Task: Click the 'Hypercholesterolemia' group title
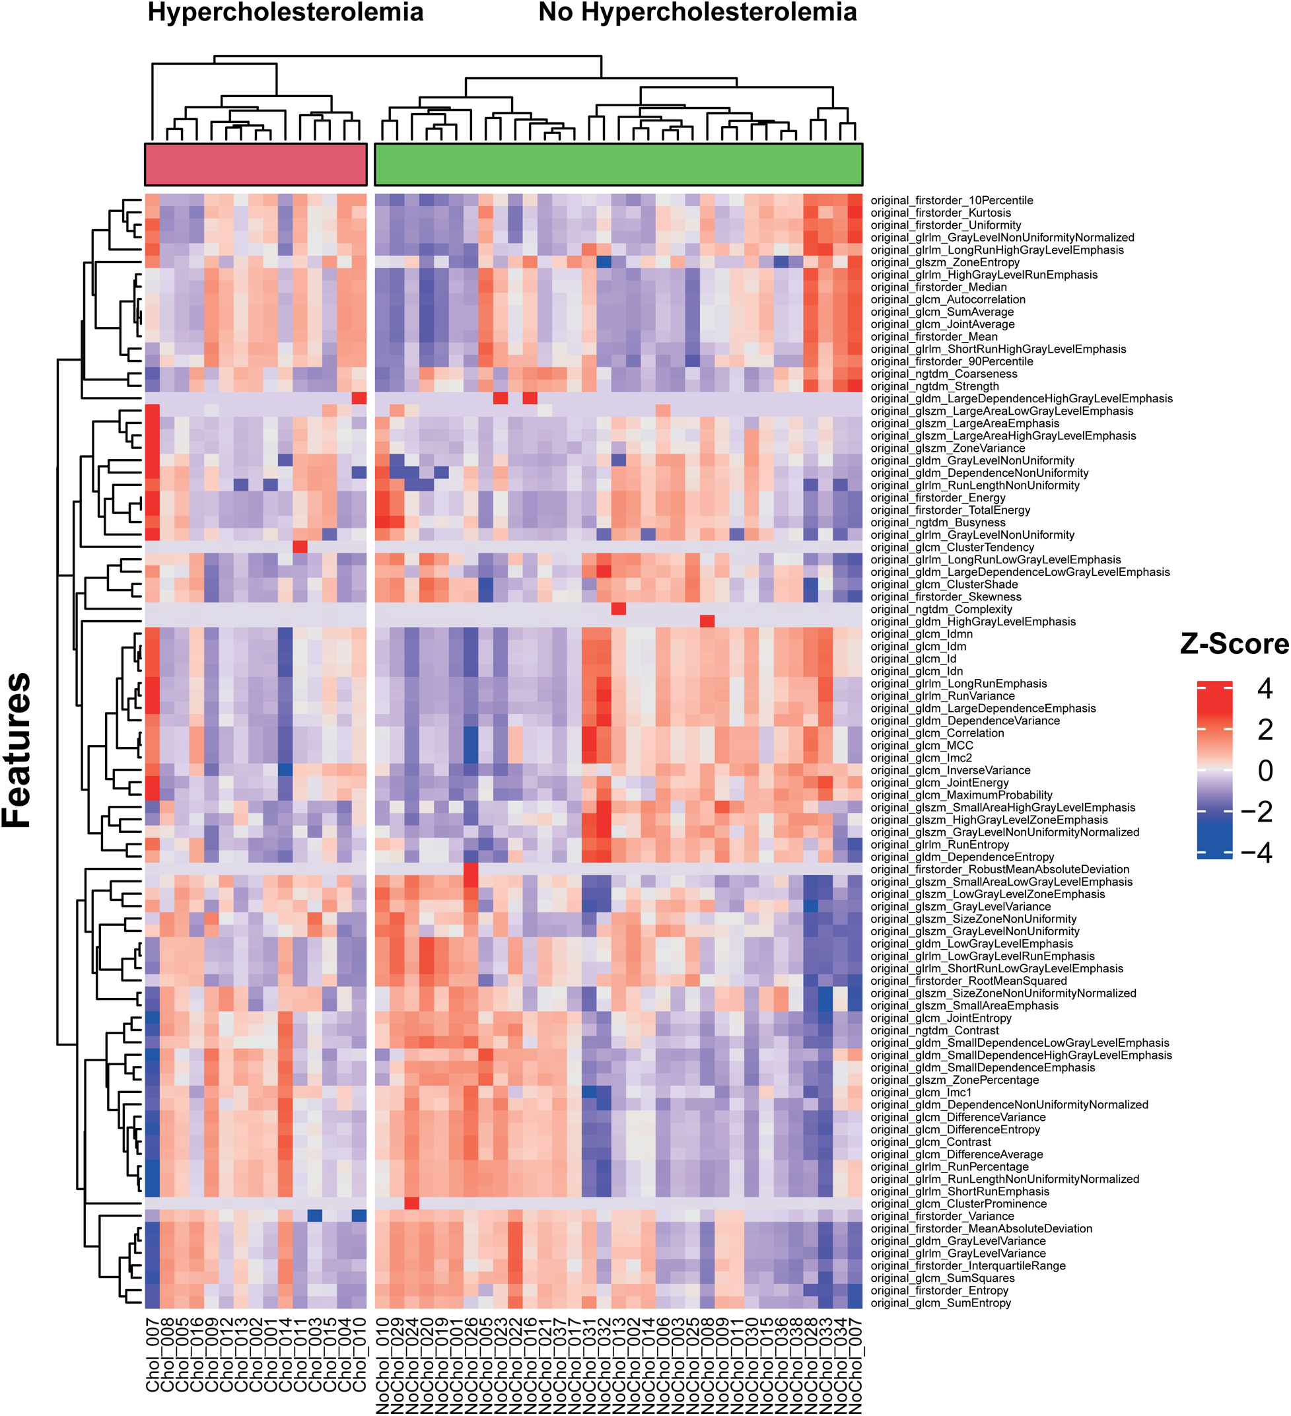point(285,13)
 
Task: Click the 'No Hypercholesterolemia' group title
point(697,13)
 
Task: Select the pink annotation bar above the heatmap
point(256,164)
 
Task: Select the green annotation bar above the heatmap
point(618,164)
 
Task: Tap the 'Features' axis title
point(17,750)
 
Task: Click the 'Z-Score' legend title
point(1234,644)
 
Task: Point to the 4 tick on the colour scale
point(1265,689)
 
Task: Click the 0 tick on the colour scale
point(1265,771)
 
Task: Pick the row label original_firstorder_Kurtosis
point(940,213)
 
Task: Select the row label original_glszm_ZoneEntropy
point(945,262)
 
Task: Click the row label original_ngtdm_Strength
point(934,386)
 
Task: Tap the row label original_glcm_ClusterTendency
point(952,547)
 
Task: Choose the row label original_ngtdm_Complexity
point(941,609)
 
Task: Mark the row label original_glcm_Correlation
point(937,733)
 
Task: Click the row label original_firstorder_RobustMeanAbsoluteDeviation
point(1000,870)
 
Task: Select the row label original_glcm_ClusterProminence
point(958,1204)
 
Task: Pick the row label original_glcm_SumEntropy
point(940,1303)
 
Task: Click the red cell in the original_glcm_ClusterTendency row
point(300,547)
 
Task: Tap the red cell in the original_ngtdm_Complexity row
point(618,609)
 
